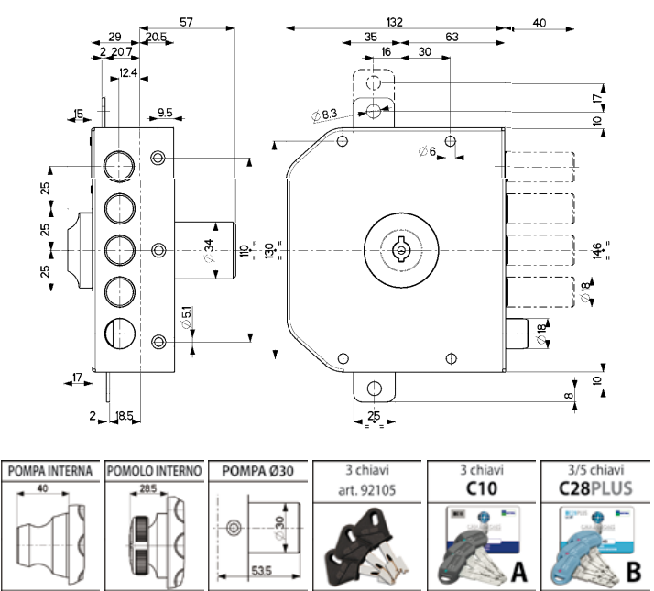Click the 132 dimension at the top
(395, 21)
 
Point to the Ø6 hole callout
(428, 151)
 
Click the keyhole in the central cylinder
(400, 248)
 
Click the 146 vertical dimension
(597, 249)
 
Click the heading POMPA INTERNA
(50, 472)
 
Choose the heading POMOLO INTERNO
(155, 472)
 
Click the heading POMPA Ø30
(259, 472)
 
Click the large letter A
(518, 573)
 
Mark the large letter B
(632, 573)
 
